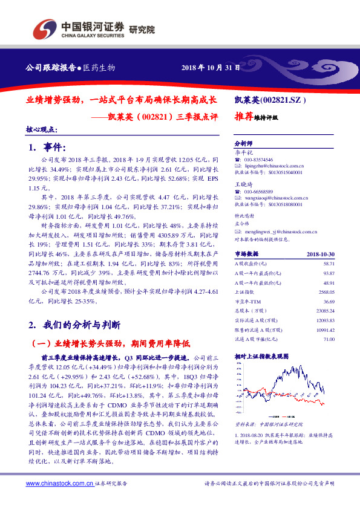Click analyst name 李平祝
243,152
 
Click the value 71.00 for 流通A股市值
329,340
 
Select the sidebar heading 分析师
243,144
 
